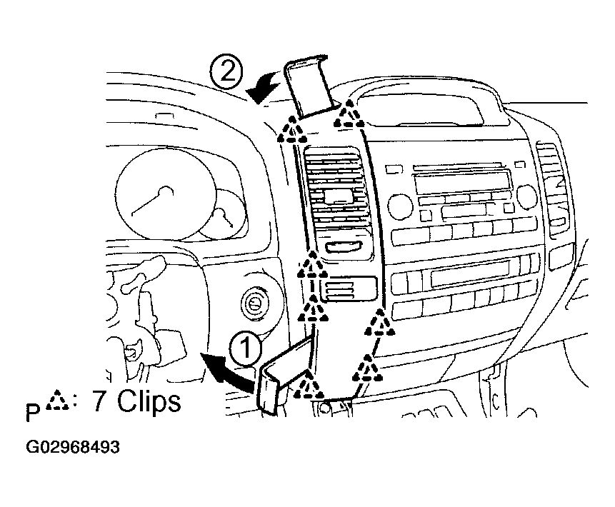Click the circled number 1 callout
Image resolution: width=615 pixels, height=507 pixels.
pos(246,348)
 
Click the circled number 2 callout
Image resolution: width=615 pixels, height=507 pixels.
pos(226,71)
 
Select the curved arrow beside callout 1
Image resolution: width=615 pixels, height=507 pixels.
pos(227,372)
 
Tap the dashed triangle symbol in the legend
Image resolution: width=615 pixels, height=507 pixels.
pos(57,401)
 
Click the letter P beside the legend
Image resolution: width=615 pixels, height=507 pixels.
pos(34,413)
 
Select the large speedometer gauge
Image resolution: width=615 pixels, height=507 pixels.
pos(165,194)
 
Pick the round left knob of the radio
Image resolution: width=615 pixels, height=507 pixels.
pos(400,206)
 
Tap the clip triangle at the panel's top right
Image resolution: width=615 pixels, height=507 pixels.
pos(349,114)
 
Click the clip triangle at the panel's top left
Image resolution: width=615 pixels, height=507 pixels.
pos(292,129)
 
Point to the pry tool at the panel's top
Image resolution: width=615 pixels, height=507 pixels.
pos(310,86)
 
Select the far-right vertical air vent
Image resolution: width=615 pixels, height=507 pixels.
pos(552,189)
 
